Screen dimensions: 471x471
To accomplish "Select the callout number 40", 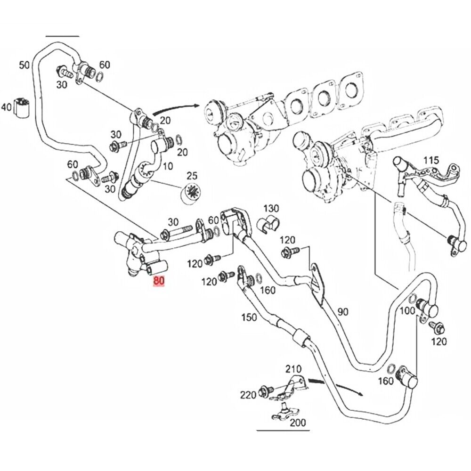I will [x=7, y=107].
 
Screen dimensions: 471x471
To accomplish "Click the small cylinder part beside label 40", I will [x=21, y=107].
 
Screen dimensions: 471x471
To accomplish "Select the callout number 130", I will [x=271, y=208].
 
